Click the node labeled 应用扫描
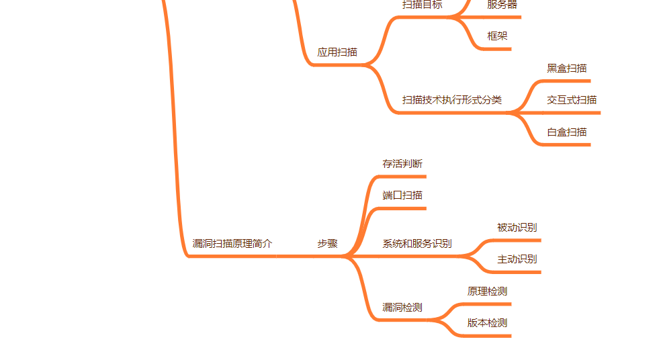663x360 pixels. [x=337, y=52]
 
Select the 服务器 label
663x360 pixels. [x=502, y=5]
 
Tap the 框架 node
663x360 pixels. [x=497, y=36]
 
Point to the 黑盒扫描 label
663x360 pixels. [x=567, y=69]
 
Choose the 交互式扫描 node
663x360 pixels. [x=572, y=100]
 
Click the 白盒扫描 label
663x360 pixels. [x=567, y=132]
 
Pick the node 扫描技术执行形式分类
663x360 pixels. [x=451, y=100]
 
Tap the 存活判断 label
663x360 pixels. [x=402, y=164]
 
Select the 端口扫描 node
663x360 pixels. [x=402, y=195]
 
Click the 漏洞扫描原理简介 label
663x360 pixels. [x=232, y=244]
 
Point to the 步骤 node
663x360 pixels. [x=327, y=244]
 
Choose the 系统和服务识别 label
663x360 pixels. [x=417, y=244]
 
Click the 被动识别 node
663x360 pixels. [x=517, y=228]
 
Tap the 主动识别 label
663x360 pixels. [x=517, y=259]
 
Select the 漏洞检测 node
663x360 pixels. [x=402, y=308]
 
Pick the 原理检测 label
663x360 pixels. [x=487, y=291]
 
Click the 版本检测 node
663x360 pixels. [x=487, y=323]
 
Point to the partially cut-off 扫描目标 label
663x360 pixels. [x=422, y=5]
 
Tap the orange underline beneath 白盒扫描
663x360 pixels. [x=568, y=144]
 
